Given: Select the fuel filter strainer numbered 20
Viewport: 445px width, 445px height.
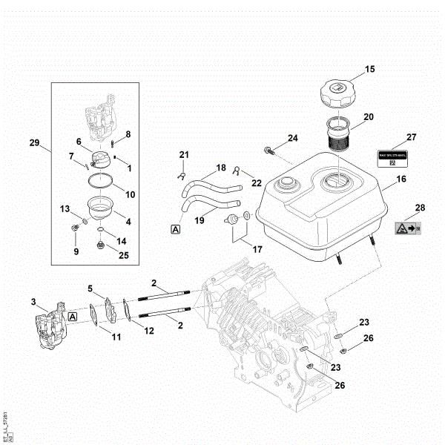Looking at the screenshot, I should click(x=343, y=133).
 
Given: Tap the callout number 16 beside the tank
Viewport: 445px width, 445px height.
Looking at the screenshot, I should click(x=400, y=180).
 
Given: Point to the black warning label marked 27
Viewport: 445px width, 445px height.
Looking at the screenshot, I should click(x=395, y=159).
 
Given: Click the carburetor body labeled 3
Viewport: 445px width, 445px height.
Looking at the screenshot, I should click(x=49, y=327).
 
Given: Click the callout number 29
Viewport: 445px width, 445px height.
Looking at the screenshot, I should click(x=33, y=142).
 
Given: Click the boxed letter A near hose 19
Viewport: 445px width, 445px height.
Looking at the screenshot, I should click(x=176, y=230).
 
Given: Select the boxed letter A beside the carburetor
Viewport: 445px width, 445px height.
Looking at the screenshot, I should click(x=73, y=316).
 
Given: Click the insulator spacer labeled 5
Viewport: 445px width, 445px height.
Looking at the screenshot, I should click(x=111, y=308).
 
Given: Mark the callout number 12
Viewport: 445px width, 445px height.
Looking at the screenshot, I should click(x=149, y=330).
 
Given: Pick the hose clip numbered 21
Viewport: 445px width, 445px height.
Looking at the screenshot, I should click(x=180, y=175).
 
